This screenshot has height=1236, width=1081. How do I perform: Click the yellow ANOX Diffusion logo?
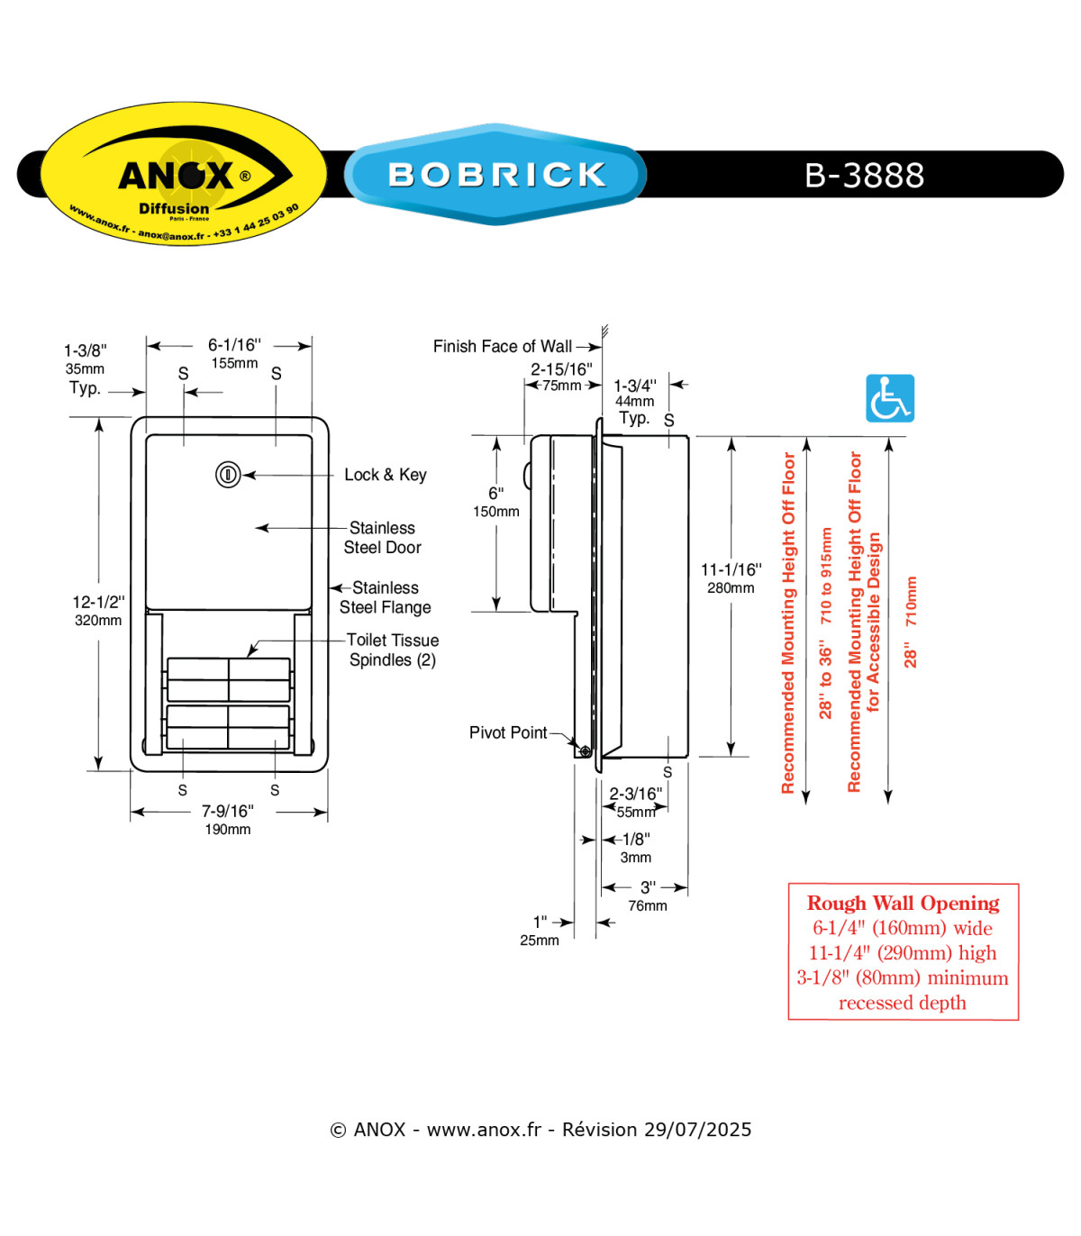point(184,174)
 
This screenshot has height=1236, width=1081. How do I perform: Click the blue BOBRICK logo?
point(495,174)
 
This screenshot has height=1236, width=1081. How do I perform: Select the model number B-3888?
point(864,175)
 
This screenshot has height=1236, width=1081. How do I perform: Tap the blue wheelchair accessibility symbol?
point(889,398)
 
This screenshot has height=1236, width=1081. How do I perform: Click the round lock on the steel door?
point(228,475)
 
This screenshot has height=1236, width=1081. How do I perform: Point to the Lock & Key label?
point(386,475)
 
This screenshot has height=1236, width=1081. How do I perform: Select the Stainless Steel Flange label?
point(386,597)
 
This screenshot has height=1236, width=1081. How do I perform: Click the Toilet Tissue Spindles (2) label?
point(393,650)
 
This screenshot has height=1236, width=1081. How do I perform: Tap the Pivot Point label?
point(508,732)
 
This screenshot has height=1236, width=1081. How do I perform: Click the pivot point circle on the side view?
point(585,751)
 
